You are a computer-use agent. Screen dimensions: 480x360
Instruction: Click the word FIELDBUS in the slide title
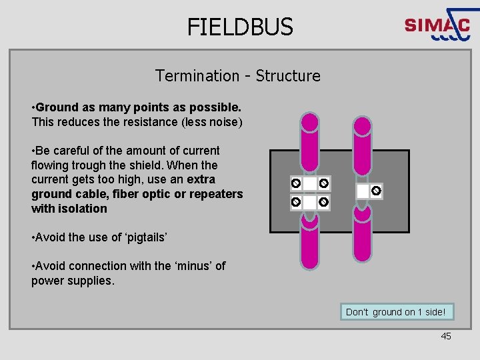click(240, 27)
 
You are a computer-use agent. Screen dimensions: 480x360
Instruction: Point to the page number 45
click(446, 336)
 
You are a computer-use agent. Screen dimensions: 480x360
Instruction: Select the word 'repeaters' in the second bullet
click(217, 194)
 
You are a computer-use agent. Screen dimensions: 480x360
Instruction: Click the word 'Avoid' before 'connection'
click(52, 266)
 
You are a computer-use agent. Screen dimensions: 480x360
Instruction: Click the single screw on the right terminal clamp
click(376, 191)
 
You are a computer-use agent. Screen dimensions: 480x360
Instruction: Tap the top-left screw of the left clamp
click(295, 183)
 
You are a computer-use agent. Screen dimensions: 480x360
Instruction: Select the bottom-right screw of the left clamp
click(323, 201)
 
